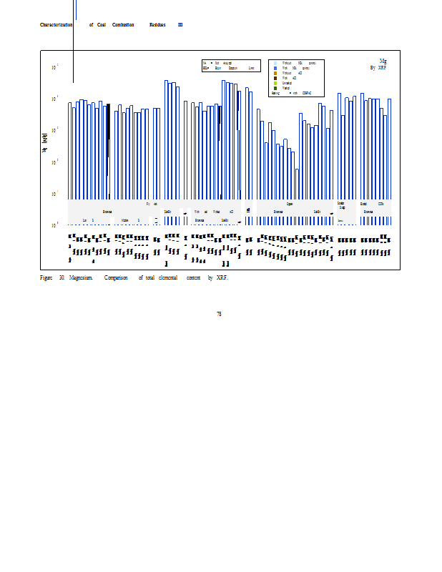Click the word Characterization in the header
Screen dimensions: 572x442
point(56,25)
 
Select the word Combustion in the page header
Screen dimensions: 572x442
point(123,25)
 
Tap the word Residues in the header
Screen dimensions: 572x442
point(157,25)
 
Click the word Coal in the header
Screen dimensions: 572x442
point(102,25)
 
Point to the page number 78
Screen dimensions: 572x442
point(219,314)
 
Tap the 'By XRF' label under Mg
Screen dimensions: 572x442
point(378,68)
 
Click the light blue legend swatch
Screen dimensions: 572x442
point(275,63)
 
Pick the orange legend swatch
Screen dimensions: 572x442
point(275,73)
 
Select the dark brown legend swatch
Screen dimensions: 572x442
point(275,78)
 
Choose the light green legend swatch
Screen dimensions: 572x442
point(275,83)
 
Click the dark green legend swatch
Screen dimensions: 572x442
point(275,88)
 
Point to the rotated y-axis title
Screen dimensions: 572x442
point(44,142)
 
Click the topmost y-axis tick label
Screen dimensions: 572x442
point(55,67)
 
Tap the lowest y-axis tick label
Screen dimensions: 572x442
point(55,225)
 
